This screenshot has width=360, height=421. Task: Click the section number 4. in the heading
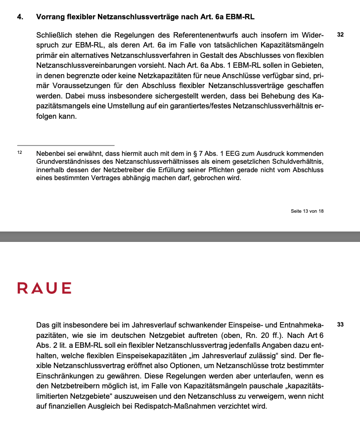20,17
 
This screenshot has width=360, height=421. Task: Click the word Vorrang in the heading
51,17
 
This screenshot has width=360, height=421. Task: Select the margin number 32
340,36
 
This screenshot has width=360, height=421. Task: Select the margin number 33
340,325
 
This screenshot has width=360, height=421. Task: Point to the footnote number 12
20,152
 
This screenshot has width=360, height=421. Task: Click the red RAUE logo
45,288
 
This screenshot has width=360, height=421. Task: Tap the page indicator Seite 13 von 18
307,211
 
